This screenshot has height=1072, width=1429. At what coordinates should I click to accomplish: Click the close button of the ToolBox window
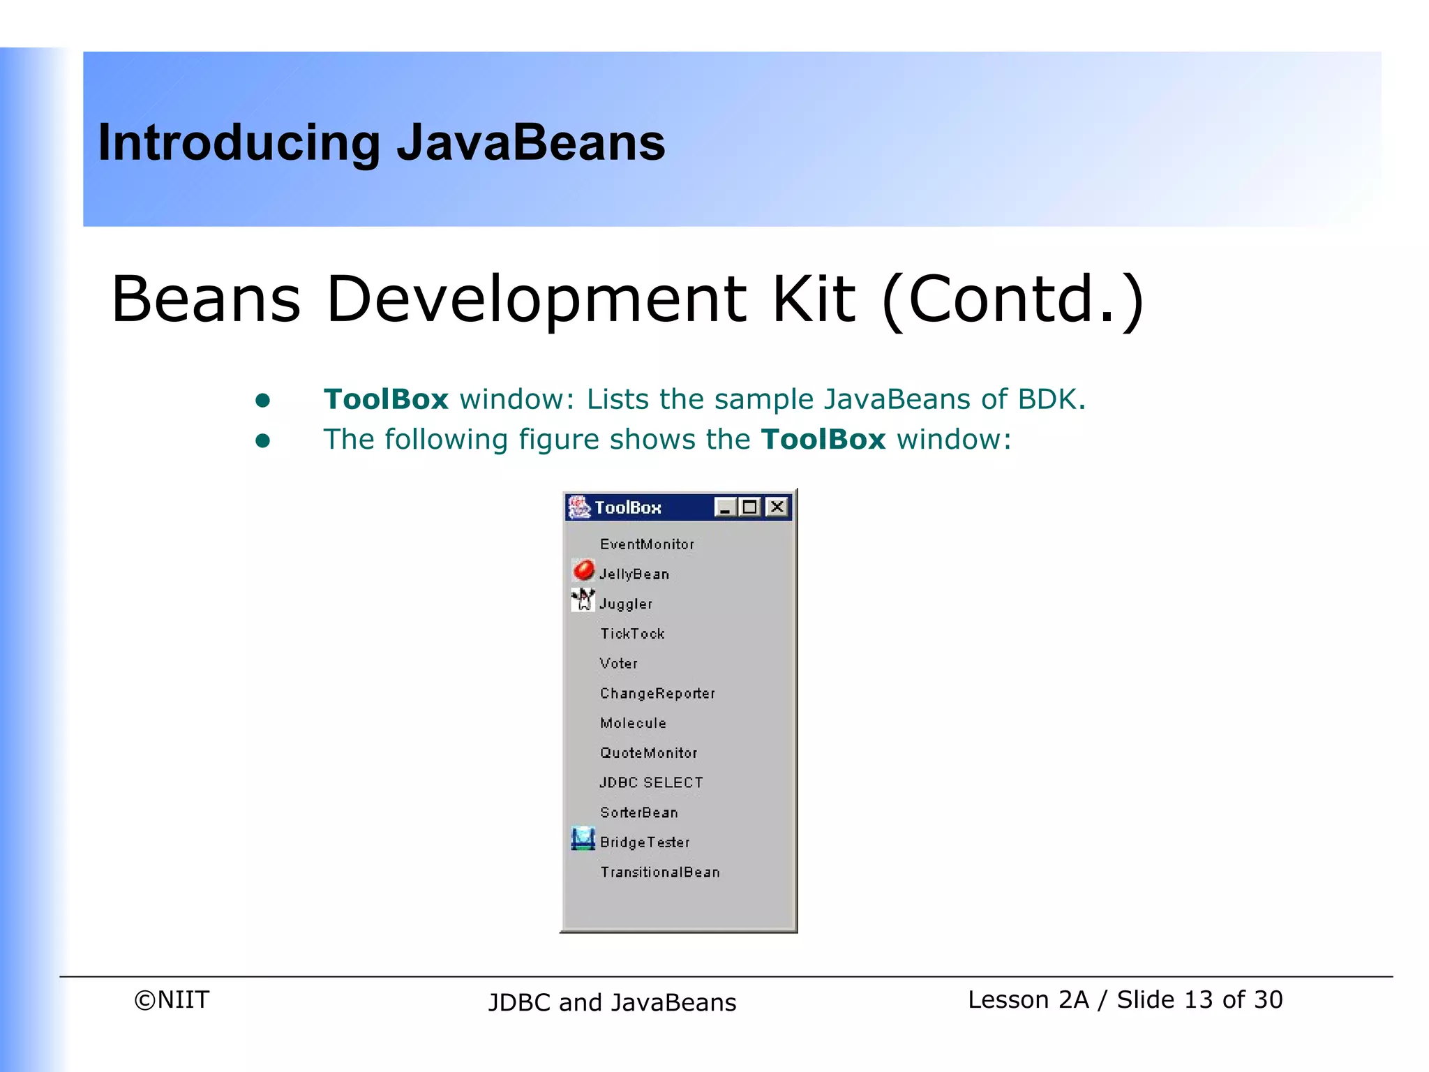(777, 507)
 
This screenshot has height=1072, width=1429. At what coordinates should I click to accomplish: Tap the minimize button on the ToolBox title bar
(726, 507)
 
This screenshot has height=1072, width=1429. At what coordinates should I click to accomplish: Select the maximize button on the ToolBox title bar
(751, 507)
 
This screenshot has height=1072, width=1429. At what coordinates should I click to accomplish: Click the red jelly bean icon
(583, 571)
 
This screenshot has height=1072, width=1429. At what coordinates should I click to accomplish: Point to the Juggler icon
(583, 600)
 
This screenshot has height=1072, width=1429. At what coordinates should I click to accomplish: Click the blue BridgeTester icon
(583, 839)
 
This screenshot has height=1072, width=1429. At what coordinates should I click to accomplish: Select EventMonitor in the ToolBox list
(647, 544)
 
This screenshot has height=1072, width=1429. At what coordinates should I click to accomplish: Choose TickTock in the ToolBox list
(632, 634)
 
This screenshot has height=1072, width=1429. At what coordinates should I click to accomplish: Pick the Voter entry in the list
(618, 664)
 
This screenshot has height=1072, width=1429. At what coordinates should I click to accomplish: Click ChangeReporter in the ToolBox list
(657, 694)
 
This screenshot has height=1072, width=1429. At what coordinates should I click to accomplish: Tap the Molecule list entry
(633, 723)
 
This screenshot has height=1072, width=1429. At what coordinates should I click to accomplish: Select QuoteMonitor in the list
(648, 753)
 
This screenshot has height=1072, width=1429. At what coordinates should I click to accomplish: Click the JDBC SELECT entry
(651, 783)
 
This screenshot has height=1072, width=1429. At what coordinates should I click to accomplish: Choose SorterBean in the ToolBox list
(638, 812)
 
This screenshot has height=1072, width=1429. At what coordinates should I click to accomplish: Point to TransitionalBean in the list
(659, 872)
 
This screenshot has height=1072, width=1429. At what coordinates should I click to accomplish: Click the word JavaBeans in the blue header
(531, 142)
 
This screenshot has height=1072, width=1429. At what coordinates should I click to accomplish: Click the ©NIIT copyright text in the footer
(172, 999)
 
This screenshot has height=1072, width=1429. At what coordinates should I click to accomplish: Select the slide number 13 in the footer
(1199, 999)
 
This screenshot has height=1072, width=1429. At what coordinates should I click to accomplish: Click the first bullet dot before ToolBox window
(262, 400)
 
